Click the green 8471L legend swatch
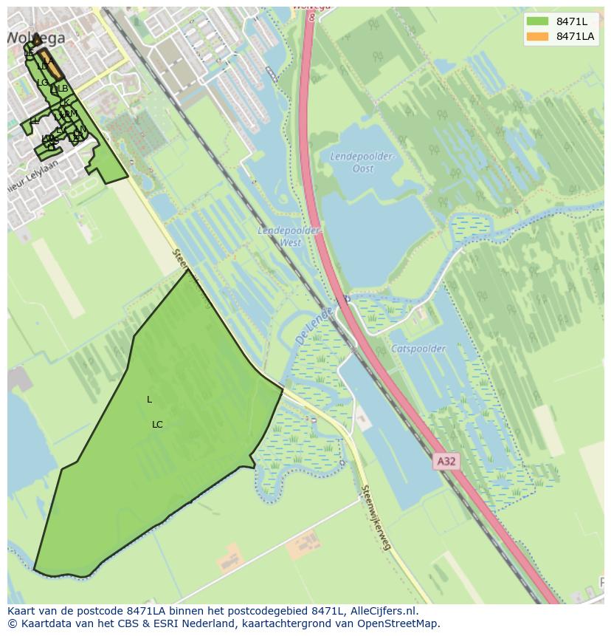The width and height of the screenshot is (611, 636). click(537, 21)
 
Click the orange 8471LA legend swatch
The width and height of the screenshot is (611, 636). click(537, 36)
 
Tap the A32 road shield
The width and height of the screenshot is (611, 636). click(446, 461)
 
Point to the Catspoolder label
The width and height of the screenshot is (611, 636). click(418, 349)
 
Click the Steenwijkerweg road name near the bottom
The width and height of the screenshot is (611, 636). click(376, 517)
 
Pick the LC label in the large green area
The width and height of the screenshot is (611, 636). click(157, 425)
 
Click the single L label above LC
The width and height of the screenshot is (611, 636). click(149, 400)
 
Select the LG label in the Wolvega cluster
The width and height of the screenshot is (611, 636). click(42, 83)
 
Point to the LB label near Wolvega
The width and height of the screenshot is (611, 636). click(63, 89)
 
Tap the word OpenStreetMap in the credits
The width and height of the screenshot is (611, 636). click(405, 623)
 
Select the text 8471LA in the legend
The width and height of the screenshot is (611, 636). click(576, 36)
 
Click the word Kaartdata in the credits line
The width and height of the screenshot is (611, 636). click(44, 623)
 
